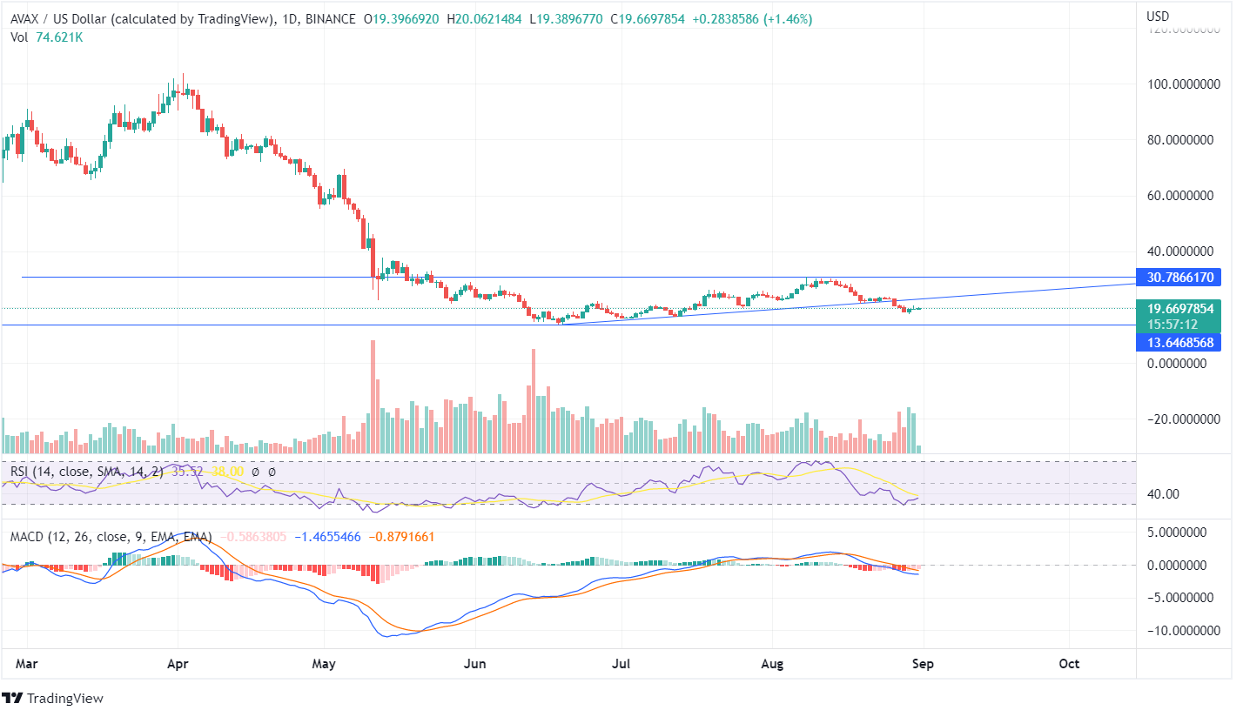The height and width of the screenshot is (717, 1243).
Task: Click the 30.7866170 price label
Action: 1185,278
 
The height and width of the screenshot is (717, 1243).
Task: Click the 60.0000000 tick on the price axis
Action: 1182,196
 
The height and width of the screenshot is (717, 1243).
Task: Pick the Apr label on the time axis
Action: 178,664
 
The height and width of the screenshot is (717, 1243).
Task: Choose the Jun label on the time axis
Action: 475,664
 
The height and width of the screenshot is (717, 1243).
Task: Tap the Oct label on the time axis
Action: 1069,664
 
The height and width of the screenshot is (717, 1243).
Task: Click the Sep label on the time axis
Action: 923,664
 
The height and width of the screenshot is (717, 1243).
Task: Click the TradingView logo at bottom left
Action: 53,698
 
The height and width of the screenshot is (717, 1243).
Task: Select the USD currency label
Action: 1159,17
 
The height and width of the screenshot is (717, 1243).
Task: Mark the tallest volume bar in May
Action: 373,396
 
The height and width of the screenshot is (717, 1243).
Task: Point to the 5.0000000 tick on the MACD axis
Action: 1179,531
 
